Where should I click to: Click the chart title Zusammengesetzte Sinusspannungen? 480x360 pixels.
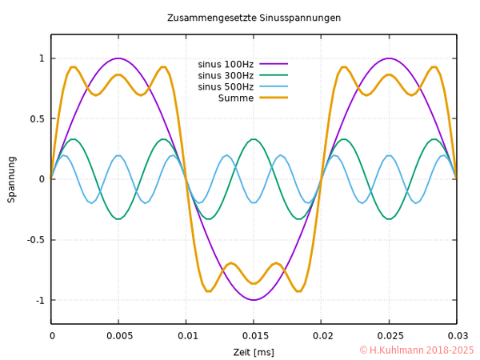click(x=254, y=18)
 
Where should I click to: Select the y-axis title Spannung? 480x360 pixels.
click(x=12, y=179)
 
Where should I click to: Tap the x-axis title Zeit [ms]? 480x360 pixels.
click(x=254, y=352)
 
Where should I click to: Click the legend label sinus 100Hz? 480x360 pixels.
click(x=226, y=64)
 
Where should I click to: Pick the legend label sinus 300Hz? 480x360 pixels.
click(x=226, y=75)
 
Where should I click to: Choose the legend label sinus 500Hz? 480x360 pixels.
click(x=226, y=86)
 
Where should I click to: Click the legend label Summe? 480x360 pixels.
click(x=236, y=98)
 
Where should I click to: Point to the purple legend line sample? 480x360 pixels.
click(x=273, y=64)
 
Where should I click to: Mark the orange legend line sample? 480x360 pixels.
click(x=273, y=98)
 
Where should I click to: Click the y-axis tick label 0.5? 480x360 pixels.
click(x=36, y=118)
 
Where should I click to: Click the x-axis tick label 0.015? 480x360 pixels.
click(x=254, y=337)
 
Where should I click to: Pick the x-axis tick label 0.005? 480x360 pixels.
click(x=119, y=337)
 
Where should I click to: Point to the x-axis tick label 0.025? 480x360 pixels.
click(x=389, y=337)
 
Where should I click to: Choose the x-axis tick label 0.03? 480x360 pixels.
click(x=456, y=337)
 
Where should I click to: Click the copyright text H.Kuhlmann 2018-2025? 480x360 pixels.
click(x=417, y=350)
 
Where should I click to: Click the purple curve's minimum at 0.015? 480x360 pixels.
click(x=254, y=300)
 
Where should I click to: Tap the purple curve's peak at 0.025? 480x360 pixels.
click(x=389, y=58)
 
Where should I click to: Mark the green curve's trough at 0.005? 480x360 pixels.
click(x=119, y=218)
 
